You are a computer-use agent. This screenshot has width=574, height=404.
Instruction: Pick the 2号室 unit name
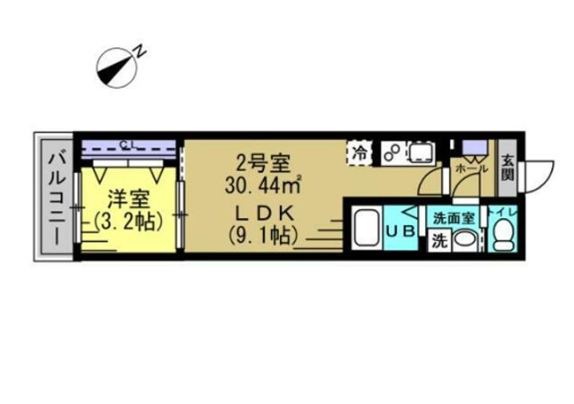point(260,164)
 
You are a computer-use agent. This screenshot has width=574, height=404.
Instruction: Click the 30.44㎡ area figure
point(261,187)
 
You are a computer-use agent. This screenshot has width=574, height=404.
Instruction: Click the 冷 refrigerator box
point(360,153)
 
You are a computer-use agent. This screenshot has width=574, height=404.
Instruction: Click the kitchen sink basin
point(419,152)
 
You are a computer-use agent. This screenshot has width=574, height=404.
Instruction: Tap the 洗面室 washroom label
point(454,216)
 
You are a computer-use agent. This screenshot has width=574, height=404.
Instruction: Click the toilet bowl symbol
point(504,234)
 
